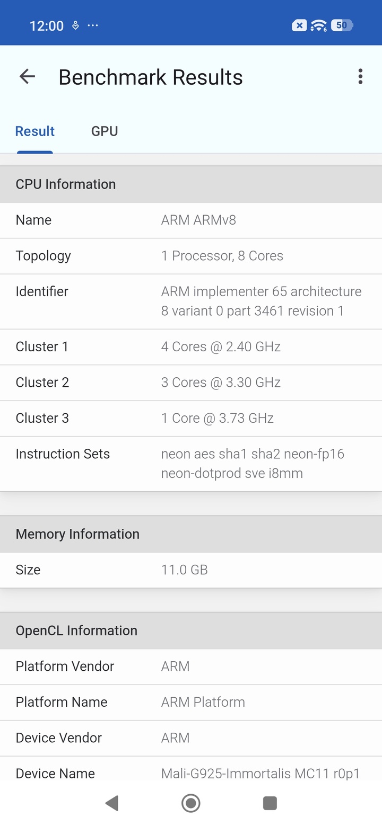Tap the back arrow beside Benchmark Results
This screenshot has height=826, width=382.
[27, 77]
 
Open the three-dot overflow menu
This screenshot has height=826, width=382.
[360, 77]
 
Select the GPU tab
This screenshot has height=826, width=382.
[105, 131]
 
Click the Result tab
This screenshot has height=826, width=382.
[35, 131]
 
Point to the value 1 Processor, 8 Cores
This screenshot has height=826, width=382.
[222, 256]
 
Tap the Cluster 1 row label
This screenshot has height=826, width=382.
[42, 347]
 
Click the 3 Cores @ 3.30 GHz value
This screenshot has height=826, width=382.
[221, 383]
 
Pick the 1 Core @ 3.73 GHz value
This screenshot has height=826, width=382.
[217, 418]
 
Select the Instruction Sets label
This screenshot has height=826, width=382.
[63, 454]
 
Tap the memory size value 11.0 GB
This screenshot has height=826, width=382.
[184, 570]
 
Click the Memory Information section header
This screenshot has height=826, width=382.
[77, 534]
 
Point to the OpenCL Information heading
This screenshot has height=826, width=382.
[76, 630]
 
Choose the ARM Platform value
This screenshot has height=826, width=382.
[203, 702]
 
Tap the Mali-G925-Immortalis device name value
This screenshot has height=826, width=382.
[260, 774]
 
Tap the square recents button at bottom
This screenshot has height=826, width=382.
[270, 803]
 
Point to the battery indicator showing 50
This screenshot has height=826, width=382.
[342, 25]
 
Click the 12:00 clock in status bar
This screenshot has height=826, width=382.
[46, 25]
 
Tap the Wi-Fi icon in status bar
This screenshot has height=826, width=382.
[318, 25]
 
